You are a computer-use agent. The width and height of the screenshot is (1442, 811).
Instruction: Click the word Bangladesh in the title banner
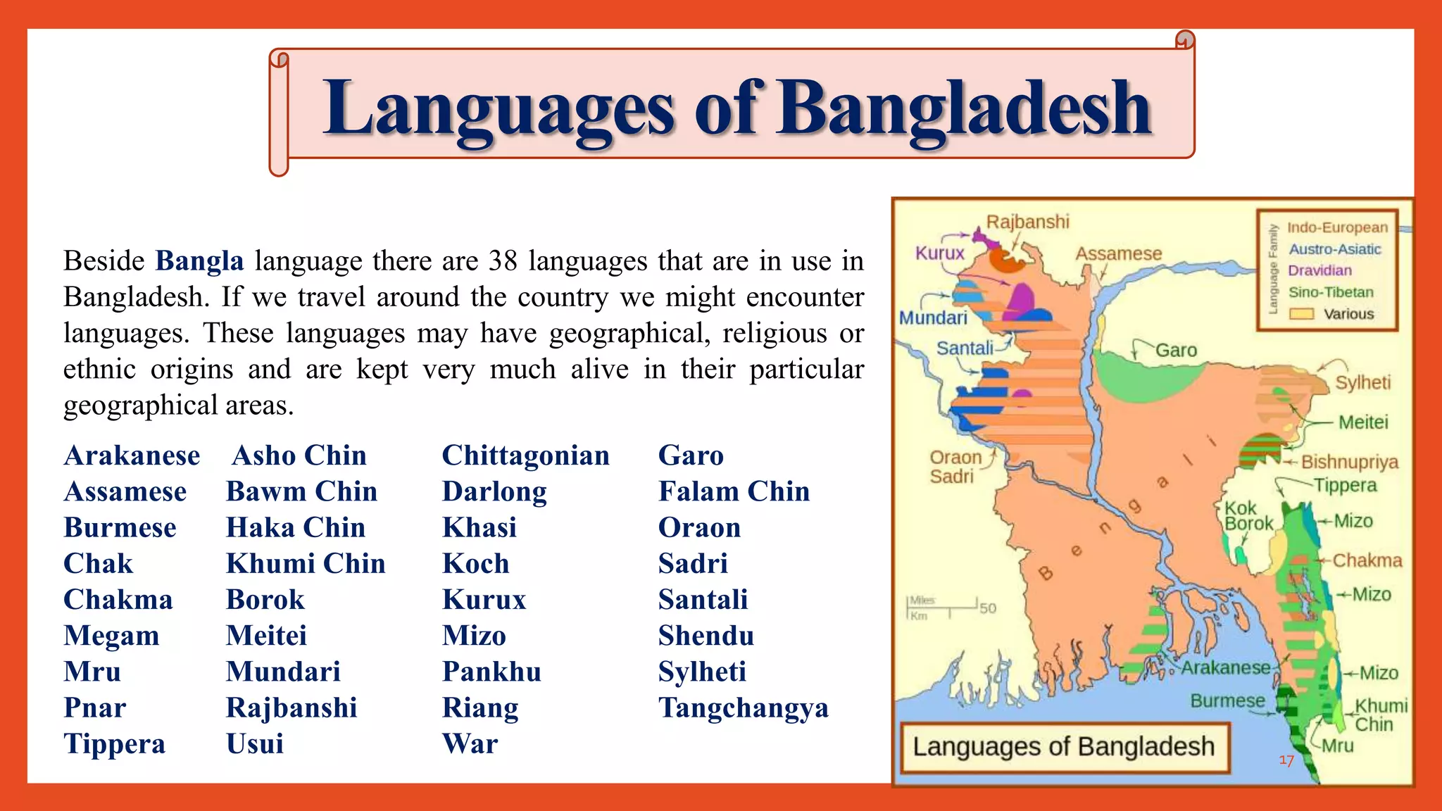click(965, 109)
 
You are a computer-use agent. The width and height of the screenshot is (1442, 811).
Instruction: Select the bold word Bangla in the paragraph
click(199, 261)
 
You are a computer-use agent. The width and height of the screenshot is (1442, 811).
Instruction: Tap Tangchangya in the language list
click(744, 708)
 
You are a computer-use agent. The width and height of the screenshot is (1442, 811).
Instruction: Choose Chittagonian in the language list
click(525, 455)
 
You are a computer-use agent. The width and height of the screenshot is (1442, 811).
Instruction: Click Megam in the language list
click(111, 636)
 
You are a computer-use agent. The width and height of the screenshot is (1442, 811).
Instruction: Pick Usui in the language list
click(255, 744)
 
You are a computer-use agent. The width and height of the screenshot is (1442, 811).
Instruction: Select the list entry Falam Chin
click(734, 491)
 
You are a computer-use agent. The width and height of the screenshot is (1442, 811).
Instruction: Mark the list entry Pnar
click(95, 708)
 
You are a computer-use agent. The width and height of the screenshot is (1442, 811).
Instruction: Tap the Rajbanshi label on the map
click(1027, 222)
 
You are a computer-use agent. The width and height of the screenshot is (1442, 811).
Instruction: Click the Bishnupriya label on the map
click(1349, 462)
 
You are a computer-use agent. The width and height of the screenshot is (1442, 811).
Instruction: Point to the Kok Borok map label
click(1248, 515)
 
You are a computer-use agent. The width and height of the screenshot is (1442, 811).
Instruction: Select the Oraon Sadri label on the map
click(955, 467)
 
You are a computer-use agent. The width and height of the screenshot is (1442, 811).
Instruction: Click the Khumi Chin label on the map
click(1379, 715)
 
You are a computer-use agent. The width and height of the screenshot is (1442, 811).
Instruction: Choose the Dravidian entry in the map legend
click(1319, 270)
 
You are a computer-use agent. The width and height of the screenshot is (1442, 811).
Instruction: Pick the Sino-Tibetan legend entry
click(1331, 292)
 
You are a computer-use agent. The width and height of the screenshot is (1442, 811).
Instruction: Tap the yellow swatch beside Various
click(1301, 314)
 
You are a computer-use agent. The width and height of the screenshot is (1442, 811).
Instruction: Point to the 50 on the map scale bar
click(988, 608)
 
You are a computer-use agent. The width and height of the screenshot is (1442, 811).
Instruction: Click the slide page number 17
click(1286, 760)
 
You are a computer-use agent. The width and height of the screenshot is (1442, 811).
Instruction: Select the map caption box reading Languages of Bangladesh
click(1064, 747)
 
